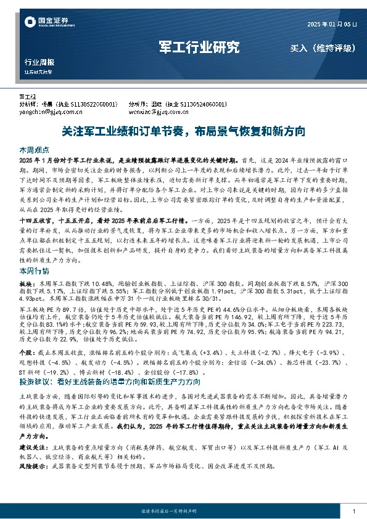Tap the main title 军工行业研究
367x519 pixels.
point(199,47)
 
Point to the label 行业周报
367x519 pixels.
point(39,62)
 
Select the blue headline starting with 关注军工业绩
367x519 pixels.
point(184,131)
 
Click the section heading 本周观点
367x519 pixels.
point(33,150)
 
